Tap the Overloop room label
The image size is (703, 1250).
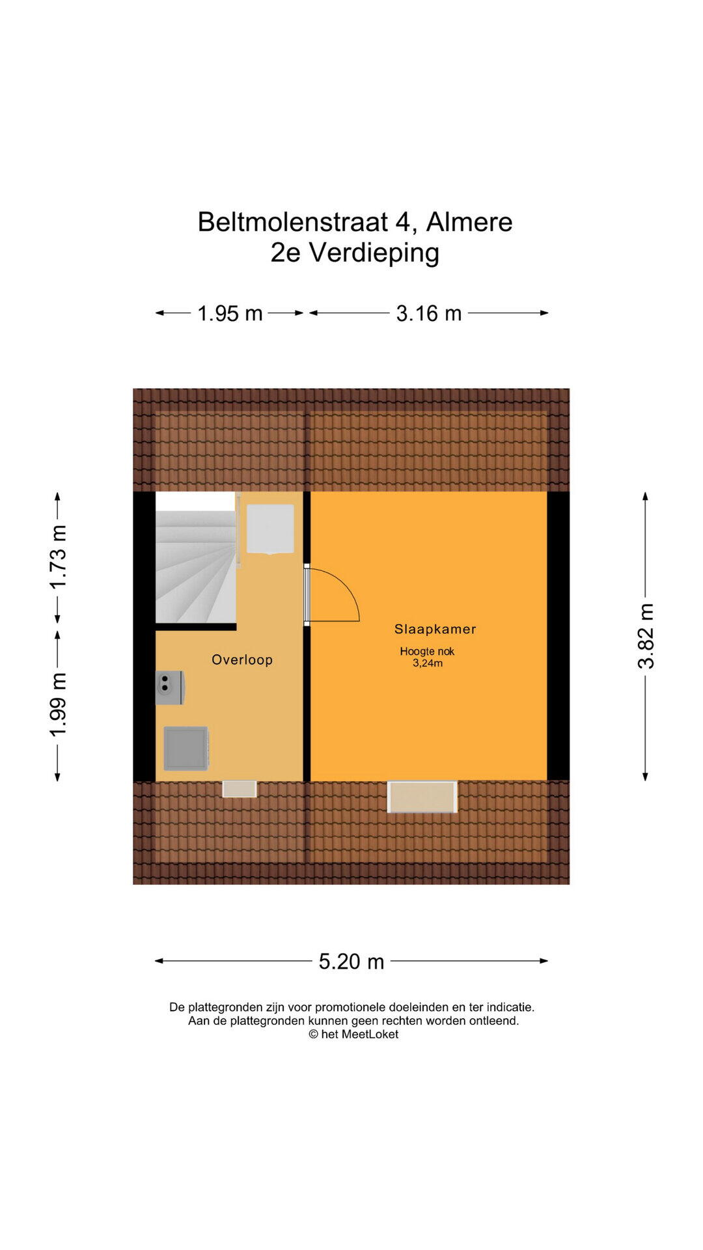click(242, 660)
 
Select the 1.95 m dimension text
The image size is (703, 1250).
click(230, 314)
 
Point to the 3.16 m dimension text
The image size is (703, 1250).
click(429, 314)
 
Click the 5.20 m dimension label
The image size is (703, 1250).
click(351, 962)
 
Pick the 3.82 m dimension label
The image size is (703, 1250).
click(646, 636)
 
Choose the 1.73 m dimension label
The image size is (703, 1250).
click(59, 557)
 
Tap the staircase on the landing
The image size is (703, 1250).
click(195, 558)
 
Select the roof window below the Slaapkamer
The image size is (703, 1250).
click(422, 797)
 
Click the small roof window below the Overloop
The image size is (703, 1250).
click(240, 788)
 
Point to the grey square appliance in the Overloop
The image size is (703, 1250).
click(186, 749)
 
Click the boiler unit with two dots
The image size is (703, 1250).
click(170, 687)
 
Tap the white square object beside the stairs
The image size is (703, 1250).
click(270, 529)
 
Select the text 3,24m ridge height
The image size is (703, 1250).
click(428, 663)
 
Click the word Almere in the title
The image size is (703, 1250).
click(469, 223)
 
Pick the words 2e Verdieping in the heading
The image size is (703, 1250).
click(355, 253)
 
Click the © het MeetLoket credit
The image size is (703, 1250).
click(353, 1035)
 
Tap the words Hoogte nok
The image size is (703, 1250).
click(427, 651)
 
